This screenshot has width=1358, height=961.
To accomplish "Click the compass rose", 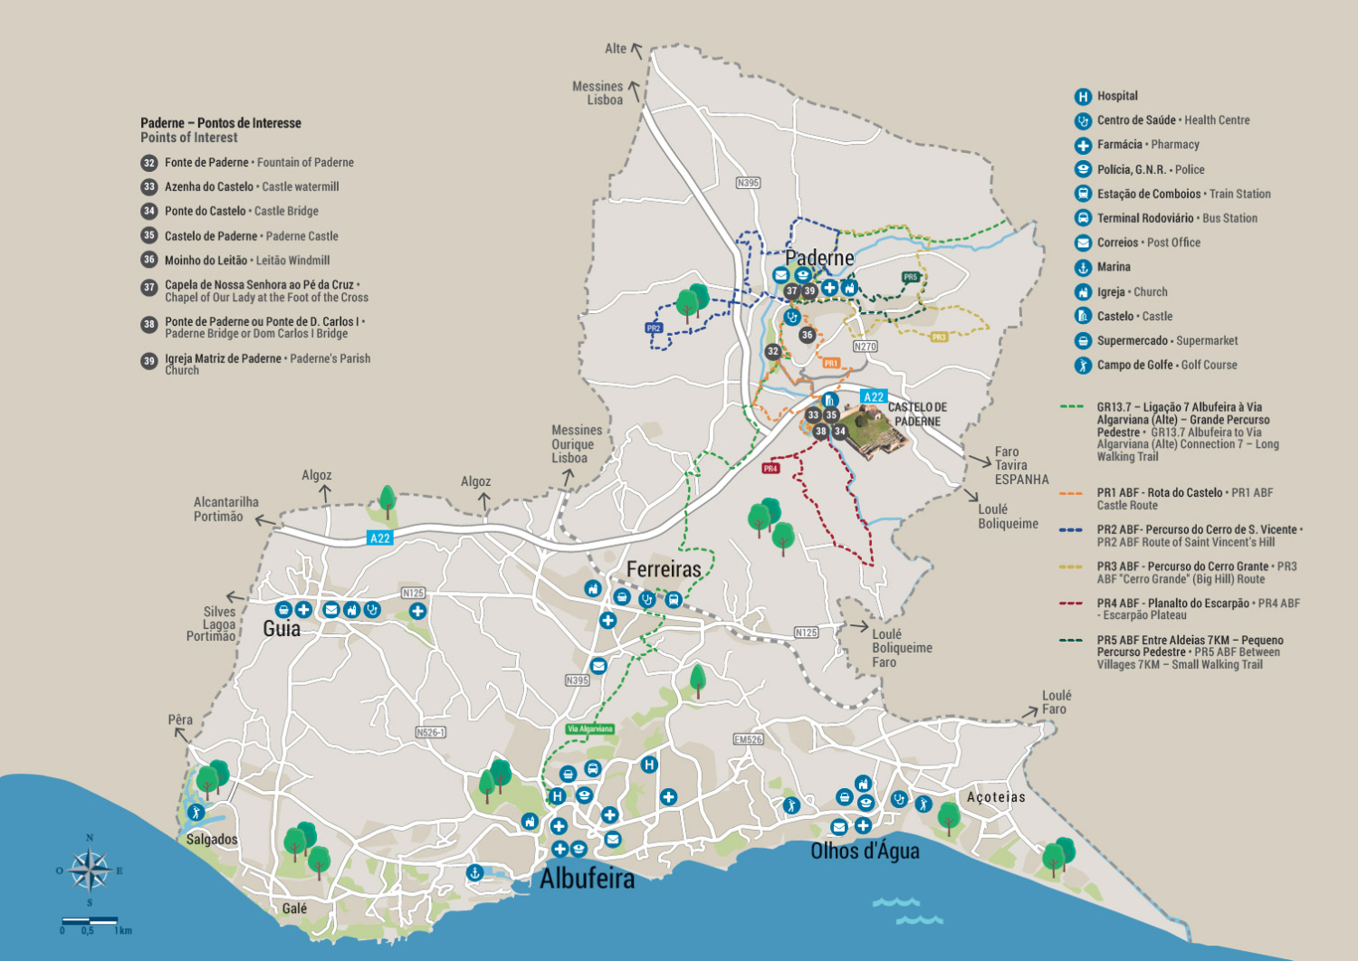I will pyautogui.click(x=89, y=871).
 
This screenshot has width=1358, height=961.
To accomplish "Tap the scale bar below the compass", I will pyautogui.click(x=90, y=920).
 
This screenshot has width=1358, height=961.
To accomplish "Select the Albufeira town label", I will pyautogui.click(x=587, y=879).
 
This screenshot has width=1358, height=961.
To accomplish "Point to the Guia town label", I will pyautogui.click(x=282, y=629).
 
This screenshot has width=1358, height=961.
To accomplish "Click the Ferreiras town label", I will pyautogui.click(x=664, y=569).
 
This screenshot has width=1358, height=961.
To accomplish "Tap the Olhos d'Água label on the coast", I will pyautogui.click(x=865, y=851).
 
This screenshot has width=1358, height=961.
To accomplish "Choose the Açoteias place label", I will pyautogui.click(x=996, y=797).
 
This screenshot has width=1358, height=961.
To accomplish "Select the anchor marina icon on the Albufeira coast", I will pyautogui.click(x=473, y=872).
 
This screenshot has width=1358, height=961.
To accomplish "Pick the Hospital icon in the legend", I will pyautogui.click(x=1083, y=97).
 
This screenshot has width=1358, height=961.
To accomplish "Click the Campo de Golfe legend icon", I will pyautogui.click(x=1083, y=366).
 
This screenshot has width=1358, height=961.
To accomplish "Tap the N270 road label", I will pyautogui.click(x=865, y=347).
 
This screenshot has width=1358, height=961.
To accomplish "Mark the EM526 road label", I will pyautogui.click(x=748, y=739).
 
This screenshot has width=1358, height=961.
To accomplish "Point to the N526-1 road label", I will pyautogui.click(x=431, y=732).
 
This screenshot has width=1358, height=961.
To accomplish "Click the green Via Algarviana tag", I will pyautogui.click(x=590, y=728).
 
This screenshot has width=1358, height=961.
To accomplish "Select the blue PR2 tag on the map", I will pyautogui.click(x=654, y=328).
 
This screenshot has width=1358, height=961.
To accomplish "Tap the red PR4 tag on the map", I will pyautogui.click(x=770, y=469).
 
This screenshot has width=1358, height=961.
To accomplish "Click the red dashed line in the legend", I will pyautogui.click(x=1072, y=604).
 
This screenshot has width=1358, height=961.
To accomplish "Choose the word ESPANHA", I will pyautogui.click(x=1021, y=480).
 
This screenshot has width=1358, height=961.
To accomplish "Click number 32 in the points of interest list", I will pyautogui.click(x=149, y=163).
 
